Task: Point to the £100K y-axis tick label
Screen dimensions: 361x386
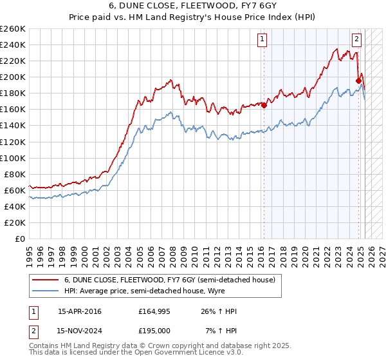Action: tap(12, 158)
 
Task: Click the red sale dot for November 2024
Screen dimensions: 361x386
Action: tap(358, 81)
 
